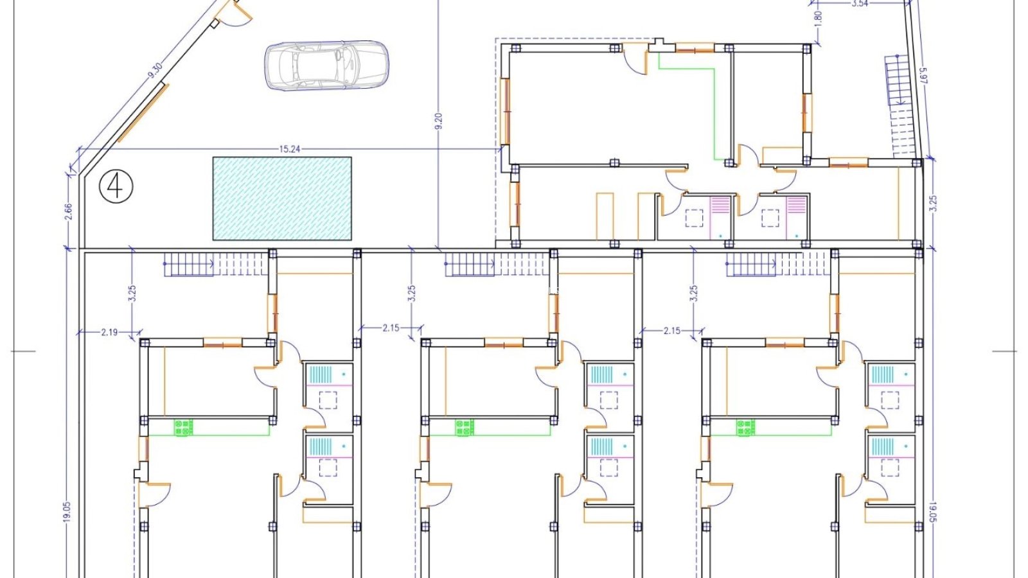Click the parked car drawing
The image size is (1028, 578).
(326, 65)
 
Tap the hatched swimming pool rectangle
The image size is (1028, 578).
(282, 198)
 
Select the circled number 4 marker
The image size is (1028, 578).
(116, 187)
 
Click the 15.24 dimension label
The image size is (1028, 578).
(290, 149)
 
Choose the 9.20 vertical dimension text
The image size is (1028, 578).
(439, 121)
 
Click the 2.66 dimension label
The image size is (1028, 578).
(69, 211)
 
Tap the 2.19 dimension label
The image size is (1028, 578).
(109, 332)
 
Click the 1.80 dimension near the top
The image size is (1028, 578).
(819, 19)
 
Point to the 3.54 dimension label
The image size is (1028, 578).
(860, 4)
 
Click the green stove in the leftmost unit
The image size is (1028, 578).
(183, 428)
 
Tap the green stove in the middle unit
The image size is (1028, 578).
(465, 428)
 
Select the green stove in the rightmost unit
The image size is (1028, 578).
(746, 428)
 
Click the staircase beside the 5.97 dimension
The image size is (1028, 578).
(901, 106)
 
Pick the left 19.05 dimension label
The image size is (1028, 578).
(67, 511)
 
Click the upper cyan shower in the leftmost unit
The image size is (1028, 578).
(321, 374)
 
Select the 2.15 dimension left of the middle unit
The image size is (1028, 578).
(391, 328)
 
